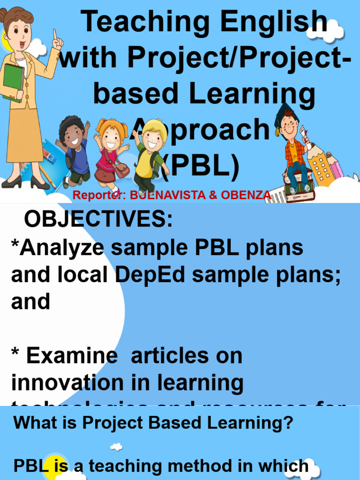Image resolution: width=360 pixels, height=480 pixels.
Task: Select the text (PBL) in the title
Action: coord(201,166)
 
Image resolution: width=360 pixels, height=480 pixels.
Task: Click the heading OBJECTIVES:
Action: coord(98,218)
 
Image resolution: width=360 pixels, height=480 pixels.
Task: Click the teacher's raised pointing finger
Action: coord(55,35)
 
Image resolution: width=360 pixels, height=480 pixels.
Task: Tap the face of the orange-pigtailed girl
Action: coord(111,138)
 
